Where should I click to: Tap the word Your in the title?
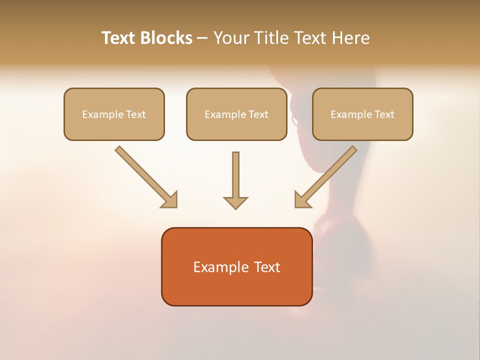232,38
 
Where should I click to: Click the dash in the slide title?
202,38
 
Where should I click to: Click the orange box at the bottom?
236,290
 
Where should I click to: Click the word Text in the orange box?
268,267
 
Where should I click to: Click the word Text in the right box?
384,114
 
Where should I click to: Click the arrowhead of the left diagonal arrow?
170,199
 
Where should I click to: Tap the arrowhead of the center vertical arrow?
235,202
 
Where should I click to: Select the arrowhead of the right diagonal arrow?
302,199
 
